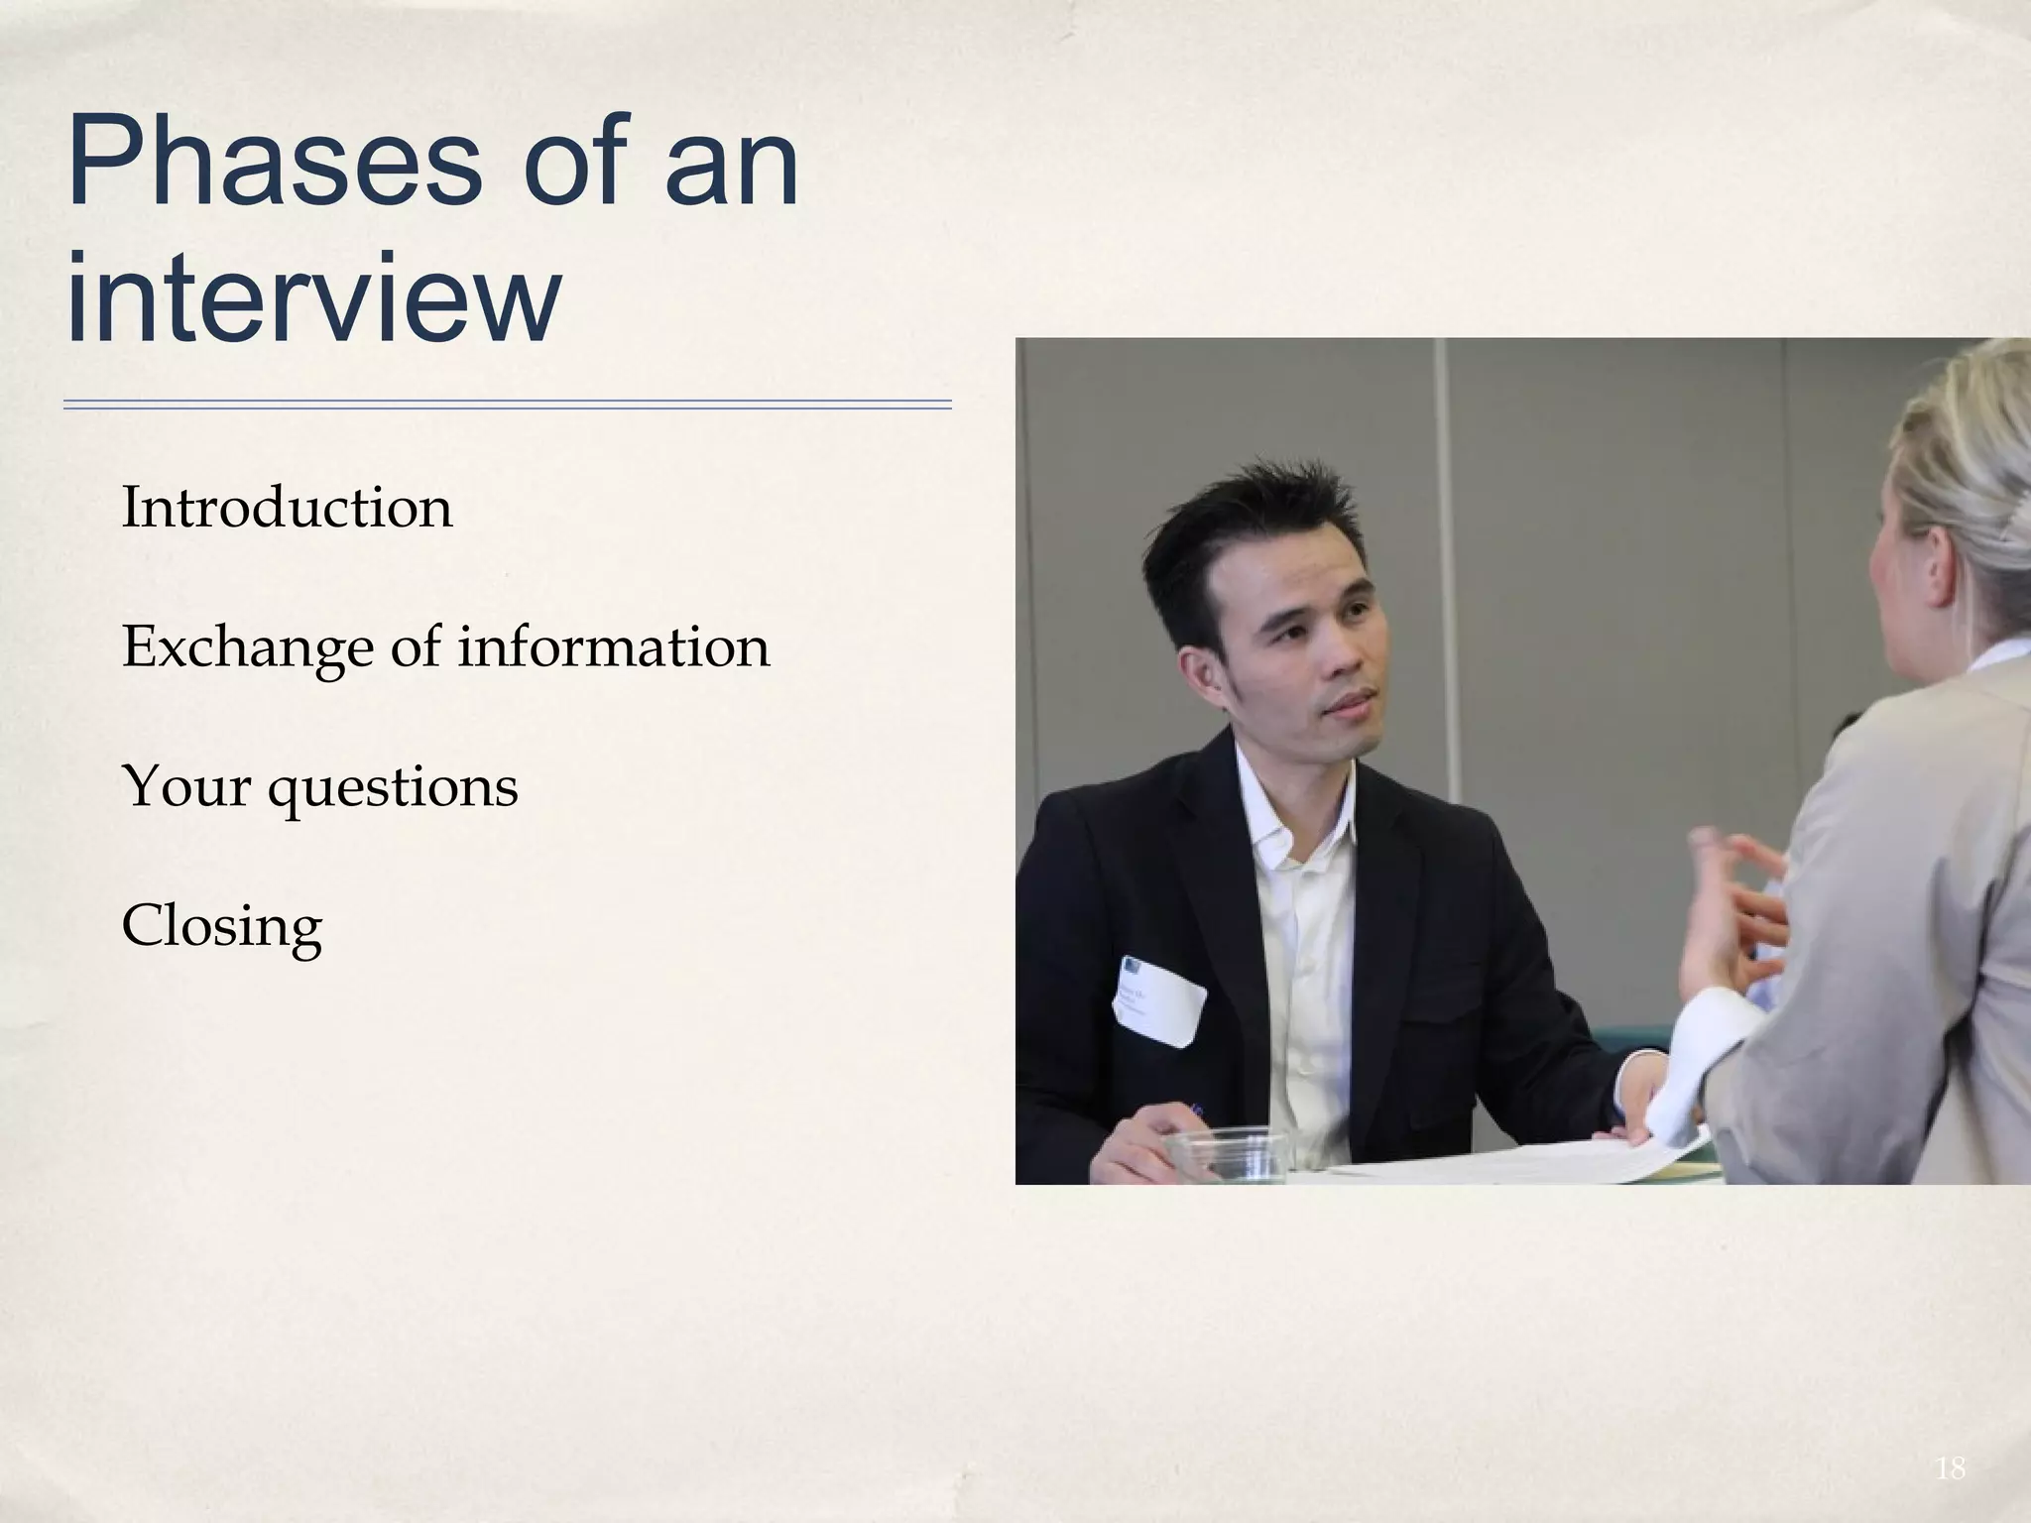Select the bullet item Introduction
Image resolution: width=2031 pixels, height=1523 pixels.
click(287, 508)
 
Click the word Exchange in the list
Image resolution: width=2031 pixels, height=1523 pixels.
click(248, 647)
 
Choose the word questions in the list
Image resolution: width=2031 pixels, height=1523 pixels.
click(393, 789)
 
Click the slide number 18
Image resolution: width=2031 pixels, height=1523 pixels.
click(1950, 1468)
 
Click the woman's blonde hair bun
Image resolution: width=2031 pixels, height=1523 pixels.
click(1973, 466)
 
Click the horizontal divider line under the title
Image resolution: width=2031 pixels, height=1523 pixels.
click(507, 405)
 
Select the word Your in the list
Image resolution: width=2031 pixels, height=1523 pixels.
click(185, 787)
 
